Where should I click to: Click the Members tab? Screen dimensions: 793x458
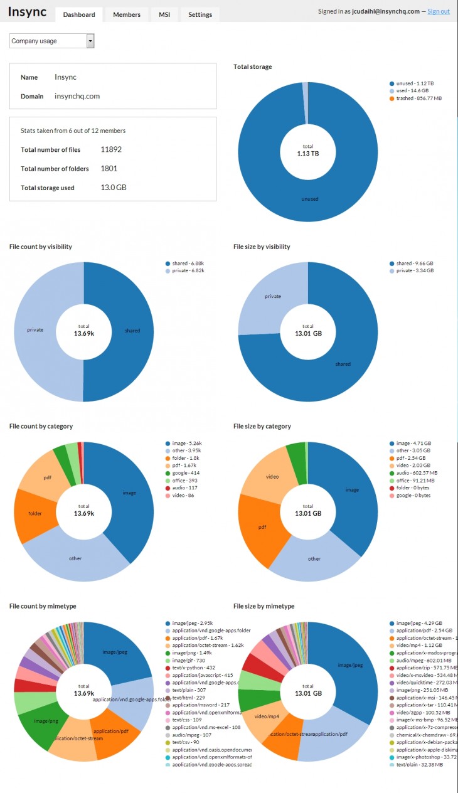click(x=127, y=14)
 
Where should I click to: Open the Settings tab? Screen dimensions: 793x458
click(x=200, y=14)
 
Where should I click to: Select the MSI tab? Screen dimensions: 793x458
click(x=164, y=14)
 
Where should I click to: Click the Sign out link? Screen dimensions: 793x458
click(x=439, y=11)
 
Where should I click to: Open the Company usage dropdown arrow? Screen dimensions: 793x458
click(x=90, y=41)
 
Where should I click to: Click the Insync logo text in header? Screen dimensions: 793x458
click(x=27, y=12)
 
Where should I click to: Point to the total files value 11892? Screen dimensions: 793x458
click(x=111, y=149)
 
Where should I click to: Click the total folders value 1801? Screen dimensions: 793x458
click(x=109, y=168)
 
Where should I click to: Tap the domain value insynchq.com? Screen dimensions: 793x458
click(x=77, y=96)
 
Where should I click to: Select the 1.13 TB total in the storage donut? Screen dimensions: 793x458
click(x=308, y=153)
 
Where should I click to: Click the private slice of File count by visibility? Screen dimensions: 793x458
click(x=35, y=329)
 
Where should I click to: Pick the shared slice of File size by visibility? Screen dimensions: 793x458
click(x=343, y=364)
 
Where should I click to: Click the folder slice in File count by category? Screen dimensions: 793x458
click(x=35, y=513)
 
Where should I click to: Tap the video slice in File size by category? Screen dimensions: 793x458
click(x=272, y=477)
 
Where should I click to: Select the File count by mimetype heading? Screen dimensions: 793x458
click(x=43, y=606)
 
